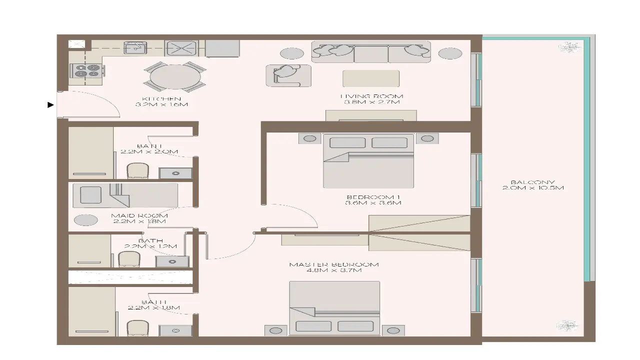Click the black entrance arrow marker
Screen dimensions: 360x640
point(50,105)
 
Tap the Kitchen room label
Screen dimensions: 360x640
point(161,98)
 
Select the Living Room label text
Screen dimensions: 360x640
point(371,96)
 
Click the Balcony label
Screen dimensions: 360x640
point(533,182)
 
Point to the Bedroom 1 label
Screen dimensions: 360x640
point(373,196)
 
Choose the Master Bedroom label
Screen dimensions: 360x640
point(334,264)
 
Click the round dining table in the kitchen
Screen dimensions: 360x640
point(175,77)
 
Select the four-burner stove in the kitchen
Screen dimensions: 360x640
point(87,71)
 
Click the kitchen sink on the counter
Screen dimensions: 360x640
point(134,48)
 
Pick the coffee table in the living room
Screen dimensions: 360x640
point(371,78)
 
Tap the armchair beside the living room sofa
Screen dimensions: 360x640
point(288,75)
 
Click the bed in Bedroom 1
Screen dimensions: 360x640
point(368,160)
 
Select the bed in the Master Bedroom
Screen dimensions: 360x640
point(334,308)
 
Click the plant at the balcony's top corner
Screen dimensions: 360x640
point(568,48)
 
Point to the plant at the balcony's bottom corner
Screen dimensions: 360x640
point(567,325)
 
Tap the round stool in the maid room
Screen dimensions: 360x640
point(85,220)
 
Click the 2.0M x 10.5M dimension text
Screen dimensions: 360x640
point(533,188)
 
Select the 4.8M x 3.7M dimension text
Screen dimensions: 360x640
point(334,270)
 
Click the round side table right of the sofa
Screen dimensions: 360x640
point(450,53)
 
